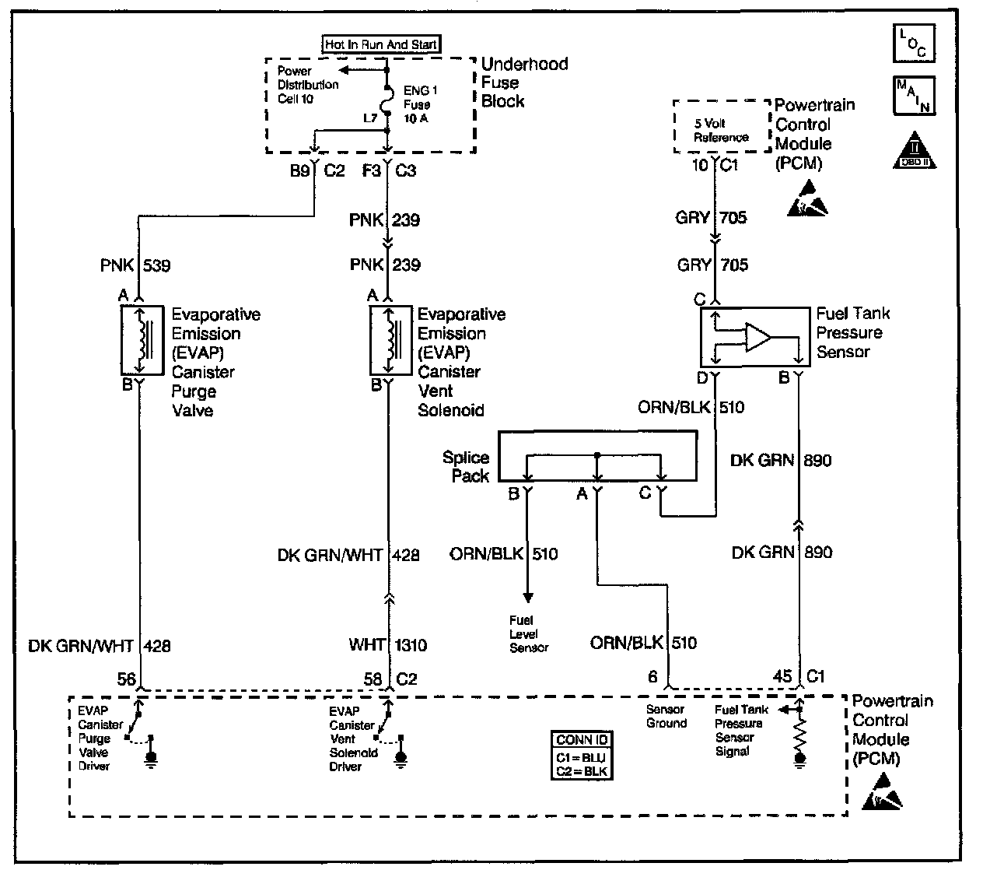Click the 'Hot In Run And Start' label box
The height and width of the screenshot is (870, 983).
coord(382,44)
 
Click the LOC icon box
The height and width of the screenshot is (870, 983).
coord(913,43)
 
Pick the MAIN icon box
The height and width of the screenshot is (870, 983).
coord(913,95)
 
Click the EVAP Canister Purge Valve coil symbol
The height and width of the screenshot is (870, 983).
coord(142,339)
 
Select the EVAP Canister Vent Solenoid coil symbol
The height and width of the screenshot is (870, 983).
coord(388,339)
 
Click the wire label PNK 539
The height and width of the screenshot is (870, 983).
coord(135,265)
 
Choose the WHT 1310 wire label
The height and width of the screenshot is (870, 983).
coord(387,645)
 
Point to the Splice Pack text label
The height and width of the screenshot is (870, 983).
coord(467,467)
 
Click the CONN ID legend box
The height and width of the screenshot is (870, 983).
coord(582,755)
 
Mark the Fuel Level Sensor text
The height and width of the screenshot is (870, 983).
coord(529,633)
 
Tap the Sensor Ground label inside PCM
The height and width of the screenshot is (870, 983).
coord(666,716)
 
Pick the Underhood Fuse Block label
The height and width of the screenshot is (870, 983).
coord(524,82)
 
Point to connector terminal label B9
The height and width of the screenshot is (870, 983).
coord(300,171)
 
